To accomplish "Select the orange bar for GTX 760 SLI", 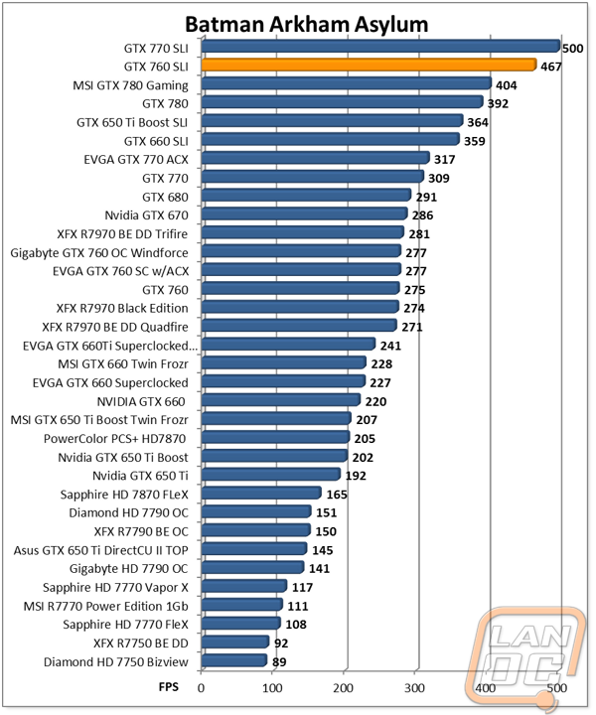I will (369, 66).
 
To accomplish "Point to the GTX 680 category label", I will (165, 196).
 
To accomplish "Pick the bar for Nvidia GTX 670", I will (304, 214).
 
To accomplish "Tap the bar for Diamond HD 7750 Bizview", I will (233, 660).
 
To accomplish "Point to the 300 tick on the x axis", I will (415, 686).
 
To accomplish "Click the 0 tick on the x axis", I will (202, 686).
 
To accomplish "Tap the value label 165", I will (337, 495).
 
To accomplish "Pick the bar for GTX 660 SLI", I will (330, 140).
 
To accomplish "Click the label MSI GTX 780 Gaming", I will (131, 83).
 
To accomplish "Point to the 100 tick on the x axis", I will (273, 686).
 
